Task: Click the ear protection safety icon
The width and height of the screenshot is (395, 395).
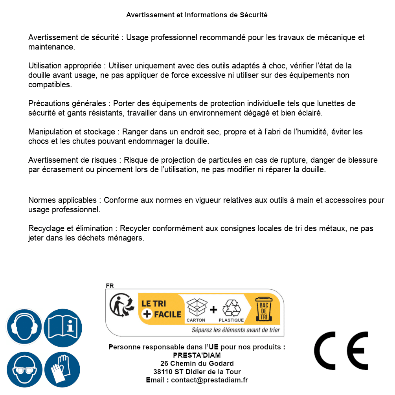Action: tap(24, 327)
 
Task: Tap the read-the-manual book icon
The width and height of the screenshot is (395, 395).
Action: tap(62, 327)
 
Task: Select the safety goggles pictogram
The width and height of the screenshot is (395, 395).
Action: tap(24, 369)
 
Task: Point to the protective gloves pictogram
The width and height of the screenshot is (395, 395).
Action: tap(62, 369)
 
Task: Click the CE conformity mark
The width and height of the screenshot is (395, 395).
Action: tap(341, 351)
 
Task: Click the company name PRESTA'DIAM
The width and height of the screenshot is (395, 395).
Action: tap(197, 355)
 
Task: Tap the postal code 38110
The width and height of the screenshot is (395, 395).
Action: tap(162, 372)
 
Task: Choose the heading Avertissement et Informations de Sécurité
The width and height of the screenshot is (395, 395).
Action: tap(197, 15)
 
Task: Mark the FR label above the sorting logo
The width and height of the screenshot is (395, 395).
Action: tap(109, 286)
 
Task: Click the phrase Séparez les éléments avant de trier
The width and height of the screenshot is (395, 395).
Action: tap(235, 330)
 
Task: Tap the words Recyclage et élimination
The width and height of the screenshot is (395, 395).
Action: tap(71, 228)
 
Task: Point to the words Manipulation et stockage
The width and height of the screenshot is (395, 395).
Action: tap(72, 132)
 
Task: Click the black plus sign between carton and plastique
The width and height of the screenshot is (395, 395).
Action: tap(213, 310)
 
